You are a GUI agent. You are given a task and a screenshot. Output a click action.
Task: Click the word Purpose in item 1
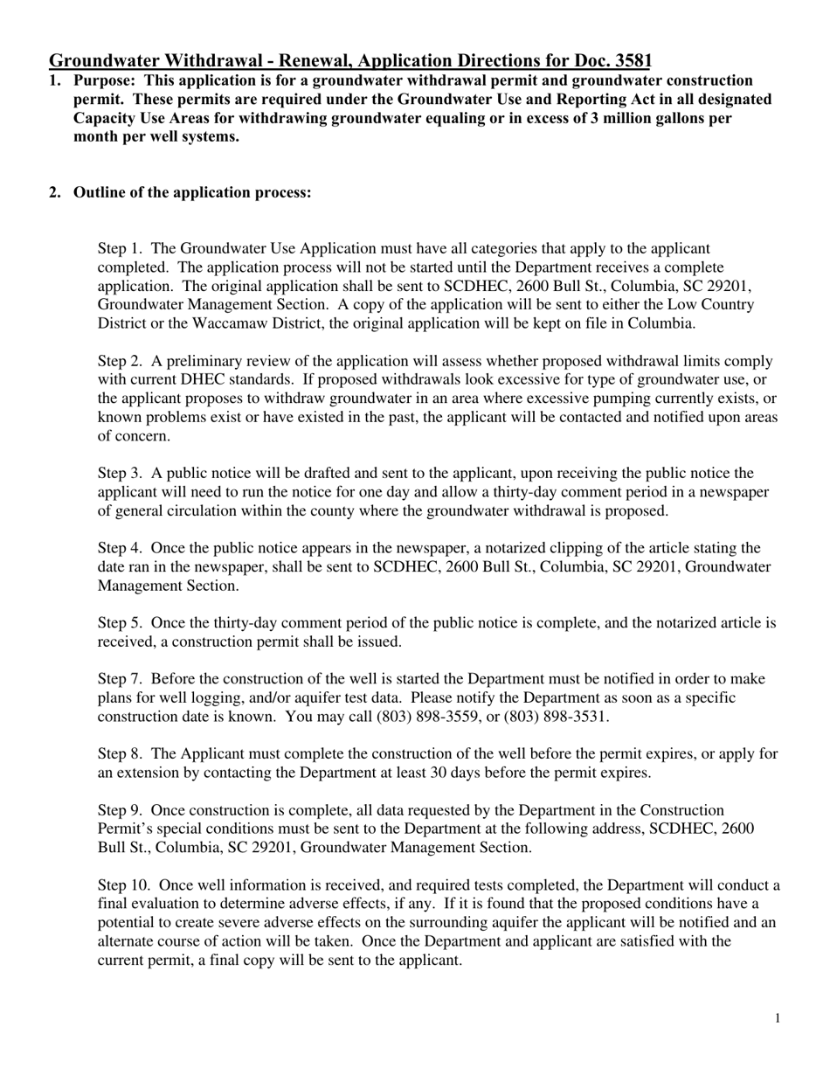coord(100,80)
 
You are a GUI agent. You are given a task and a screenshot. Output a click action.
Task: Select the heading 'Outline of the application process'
coord(192,192)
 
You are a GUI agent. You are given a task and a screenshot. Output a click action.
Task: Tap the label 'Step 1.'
coord(121,249)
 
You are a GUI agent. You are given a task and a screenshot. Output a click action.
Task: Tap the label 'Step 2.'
coord(121,361)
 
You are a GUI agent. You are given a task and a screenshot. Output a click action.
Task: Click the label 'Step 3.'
coord(121,473)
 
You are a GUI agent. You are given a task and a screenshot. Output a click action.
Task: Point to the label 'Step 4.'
coord(121,548)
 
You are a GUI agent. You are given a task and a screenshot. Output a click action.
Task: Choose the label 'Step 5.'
coord(121,623)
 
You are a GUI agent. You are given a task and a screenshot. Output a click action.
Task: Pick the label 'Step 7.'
coord(121,679)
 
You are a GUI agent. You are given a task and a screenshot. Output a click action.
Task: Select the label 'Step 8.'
coord(121,753)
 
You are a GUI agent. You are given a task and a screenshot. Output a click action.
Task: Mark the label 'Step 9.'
coord(121,810)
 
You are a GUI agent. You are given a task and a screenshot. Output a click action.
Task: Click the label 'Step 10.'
coord(124,885)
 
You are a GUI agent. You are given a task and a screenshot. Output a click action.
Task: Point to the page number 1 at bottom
coord(777,1018)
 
